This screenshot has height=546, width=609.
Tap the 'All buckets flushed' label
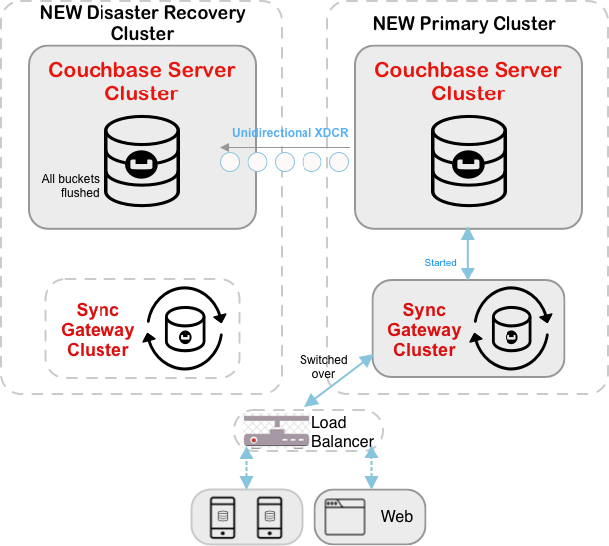coord(70,186)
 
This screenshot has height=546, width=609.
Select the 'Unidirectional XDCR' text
coord(291,132)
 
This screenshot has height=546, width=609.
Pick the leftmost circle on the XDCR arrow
coord(230,160)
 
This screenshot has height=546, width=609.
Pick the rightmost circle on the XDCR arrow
coord(339,160)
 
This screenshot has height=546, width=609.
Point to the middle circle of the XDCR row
coord(285,160)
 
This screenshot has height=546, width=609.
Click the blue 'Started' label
coord(441,263)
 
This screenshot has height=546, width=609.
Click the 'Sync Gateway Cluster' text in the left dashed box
coord(98,330)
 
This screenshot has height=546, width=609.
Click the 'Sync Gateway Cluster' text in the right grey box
coord(424,329)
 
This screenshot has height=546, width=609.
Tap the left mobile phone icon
coord(224,515)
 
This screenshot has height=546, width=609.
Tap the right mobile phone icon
coord(267,515)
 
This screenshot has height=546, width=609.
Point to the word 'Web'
coord(396,517)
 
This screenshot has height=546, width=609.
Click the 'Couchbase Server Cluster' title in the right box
coord(468,82)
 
